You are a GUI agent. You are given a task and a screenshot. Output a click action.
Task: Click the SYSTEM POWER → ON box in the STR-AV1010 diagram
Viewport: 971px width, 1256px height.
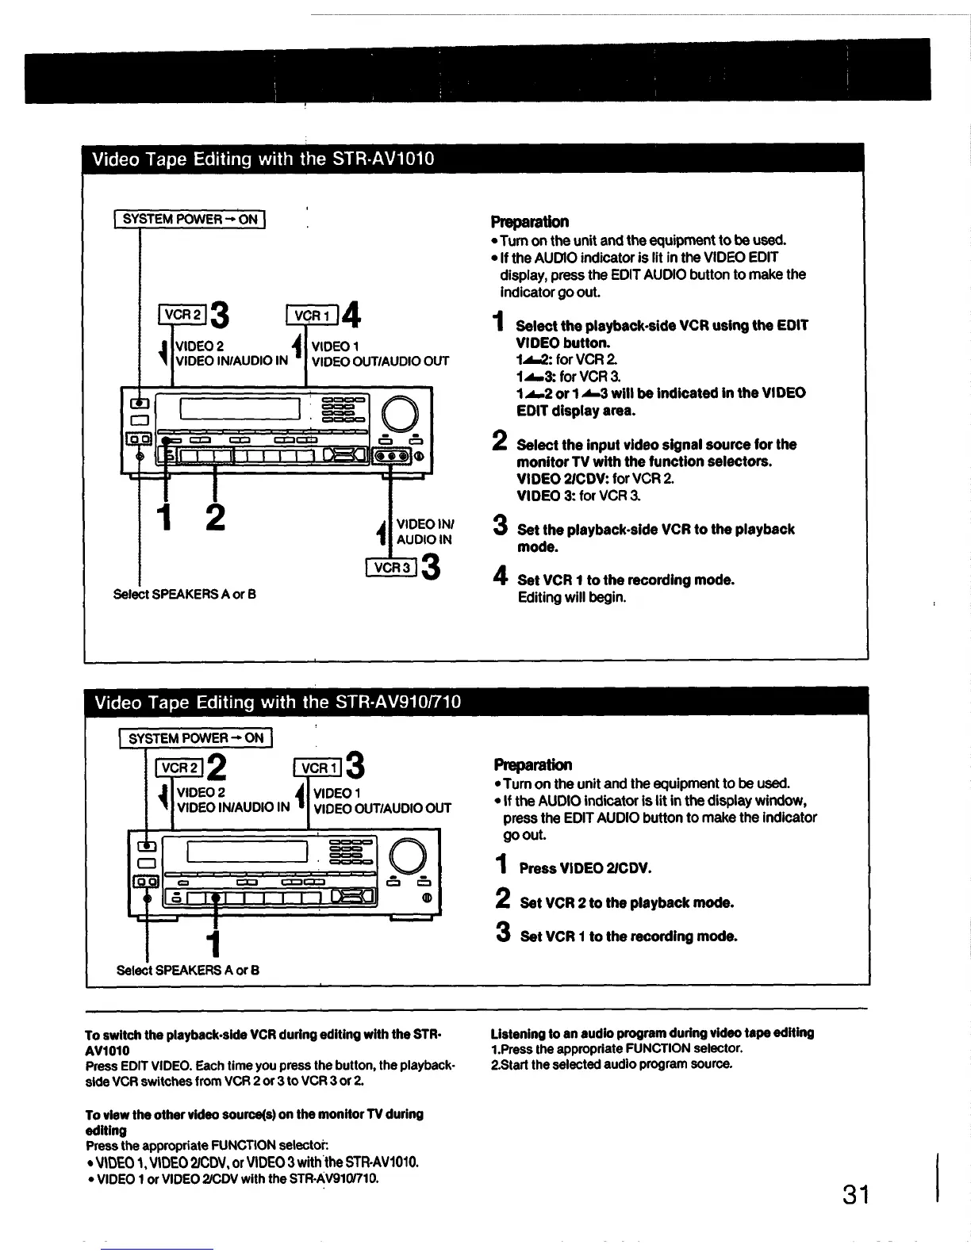tap(190, 219)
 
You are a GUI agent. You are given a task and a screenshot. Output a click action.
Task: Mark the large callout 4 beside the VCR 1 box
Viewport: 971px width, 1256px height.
tap(352, 315)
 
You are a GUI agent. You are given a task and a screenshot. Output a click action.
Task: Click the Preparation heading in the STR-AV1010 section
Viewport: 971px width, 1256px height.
tap(529, 221)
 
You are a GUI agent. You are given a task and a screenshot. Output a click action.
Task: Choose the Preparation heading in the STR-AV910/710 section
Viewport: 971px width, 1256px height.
tap(532, 765)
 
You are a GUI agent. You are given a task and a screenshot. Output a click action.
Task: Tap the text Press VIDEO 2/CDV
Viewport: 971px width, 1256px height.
tap(585, 868)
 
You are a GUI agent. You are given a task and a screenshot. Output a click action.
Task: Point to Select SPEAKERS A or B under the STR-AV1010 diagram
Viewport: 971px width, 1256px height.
tap(185, 594)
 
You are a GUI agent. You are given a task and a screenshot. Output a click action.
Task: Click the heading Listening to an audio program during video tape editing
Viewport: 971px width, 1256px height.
tap(652, 1032)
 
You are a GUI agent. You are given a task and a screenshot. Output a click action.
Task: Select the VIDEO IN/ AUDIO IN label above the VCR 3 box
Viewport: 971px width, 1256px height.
tap(424, 531)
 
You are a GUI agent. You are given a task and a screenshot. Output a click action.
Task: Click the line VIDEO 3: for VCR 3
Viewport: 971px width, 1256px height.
tap(567, 496)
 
